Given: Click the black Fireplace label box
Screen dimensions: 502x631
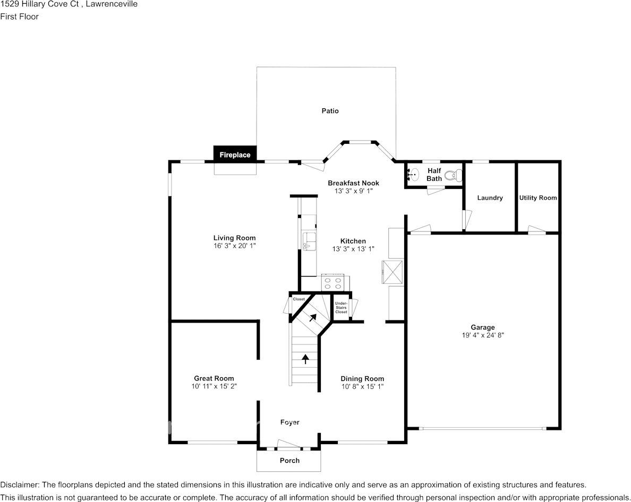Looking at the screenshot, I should point(235,154).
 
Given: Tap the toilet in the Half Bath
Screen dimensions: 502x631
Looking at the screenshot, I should point(453,174).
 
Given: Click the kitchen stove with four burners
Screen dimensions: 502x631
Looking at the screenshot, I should point(333,283).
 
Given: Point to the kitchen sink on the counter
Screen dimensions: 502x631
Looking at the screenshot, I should point(309,240).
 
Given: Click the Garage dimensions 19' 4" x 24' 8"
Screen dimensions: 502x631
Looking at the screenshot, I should point(482,335).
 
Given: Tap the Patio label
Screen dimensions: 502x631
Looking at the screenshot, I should point(330,111).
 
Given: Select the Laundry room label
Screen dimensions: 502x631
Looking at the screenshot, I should point(490,198).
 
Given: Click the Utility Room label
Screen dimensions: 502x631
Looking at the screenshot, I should point(538,198).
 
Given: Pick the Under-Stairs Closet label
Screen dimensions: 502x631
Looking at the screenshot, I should point(341,308).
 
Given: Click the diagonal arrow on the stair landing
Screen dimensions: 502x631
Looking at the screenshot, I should point(312,318).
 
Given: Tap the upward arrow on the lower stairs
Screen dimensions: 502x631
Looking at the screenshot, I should point(305,359).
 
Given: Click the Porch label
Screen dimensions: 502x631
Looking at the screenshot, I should point(289,461).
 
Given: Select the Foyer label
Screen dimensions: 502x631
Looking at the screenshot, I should point(289,422).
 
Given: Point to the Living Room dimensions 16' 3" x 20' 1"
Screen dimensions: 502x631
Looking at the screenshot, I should point(234,246).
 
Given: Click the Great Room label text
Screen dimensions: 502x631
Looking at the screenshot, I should point(214,378).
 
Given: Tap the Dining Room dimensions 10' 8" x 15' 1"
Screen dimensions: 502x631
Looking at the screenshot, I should point(362,386).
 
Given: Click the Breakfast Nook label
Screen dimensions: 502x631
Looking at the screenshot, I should point(353,183).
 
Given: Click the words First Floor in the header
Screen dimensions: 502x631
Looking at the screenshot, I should point(19,16).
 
